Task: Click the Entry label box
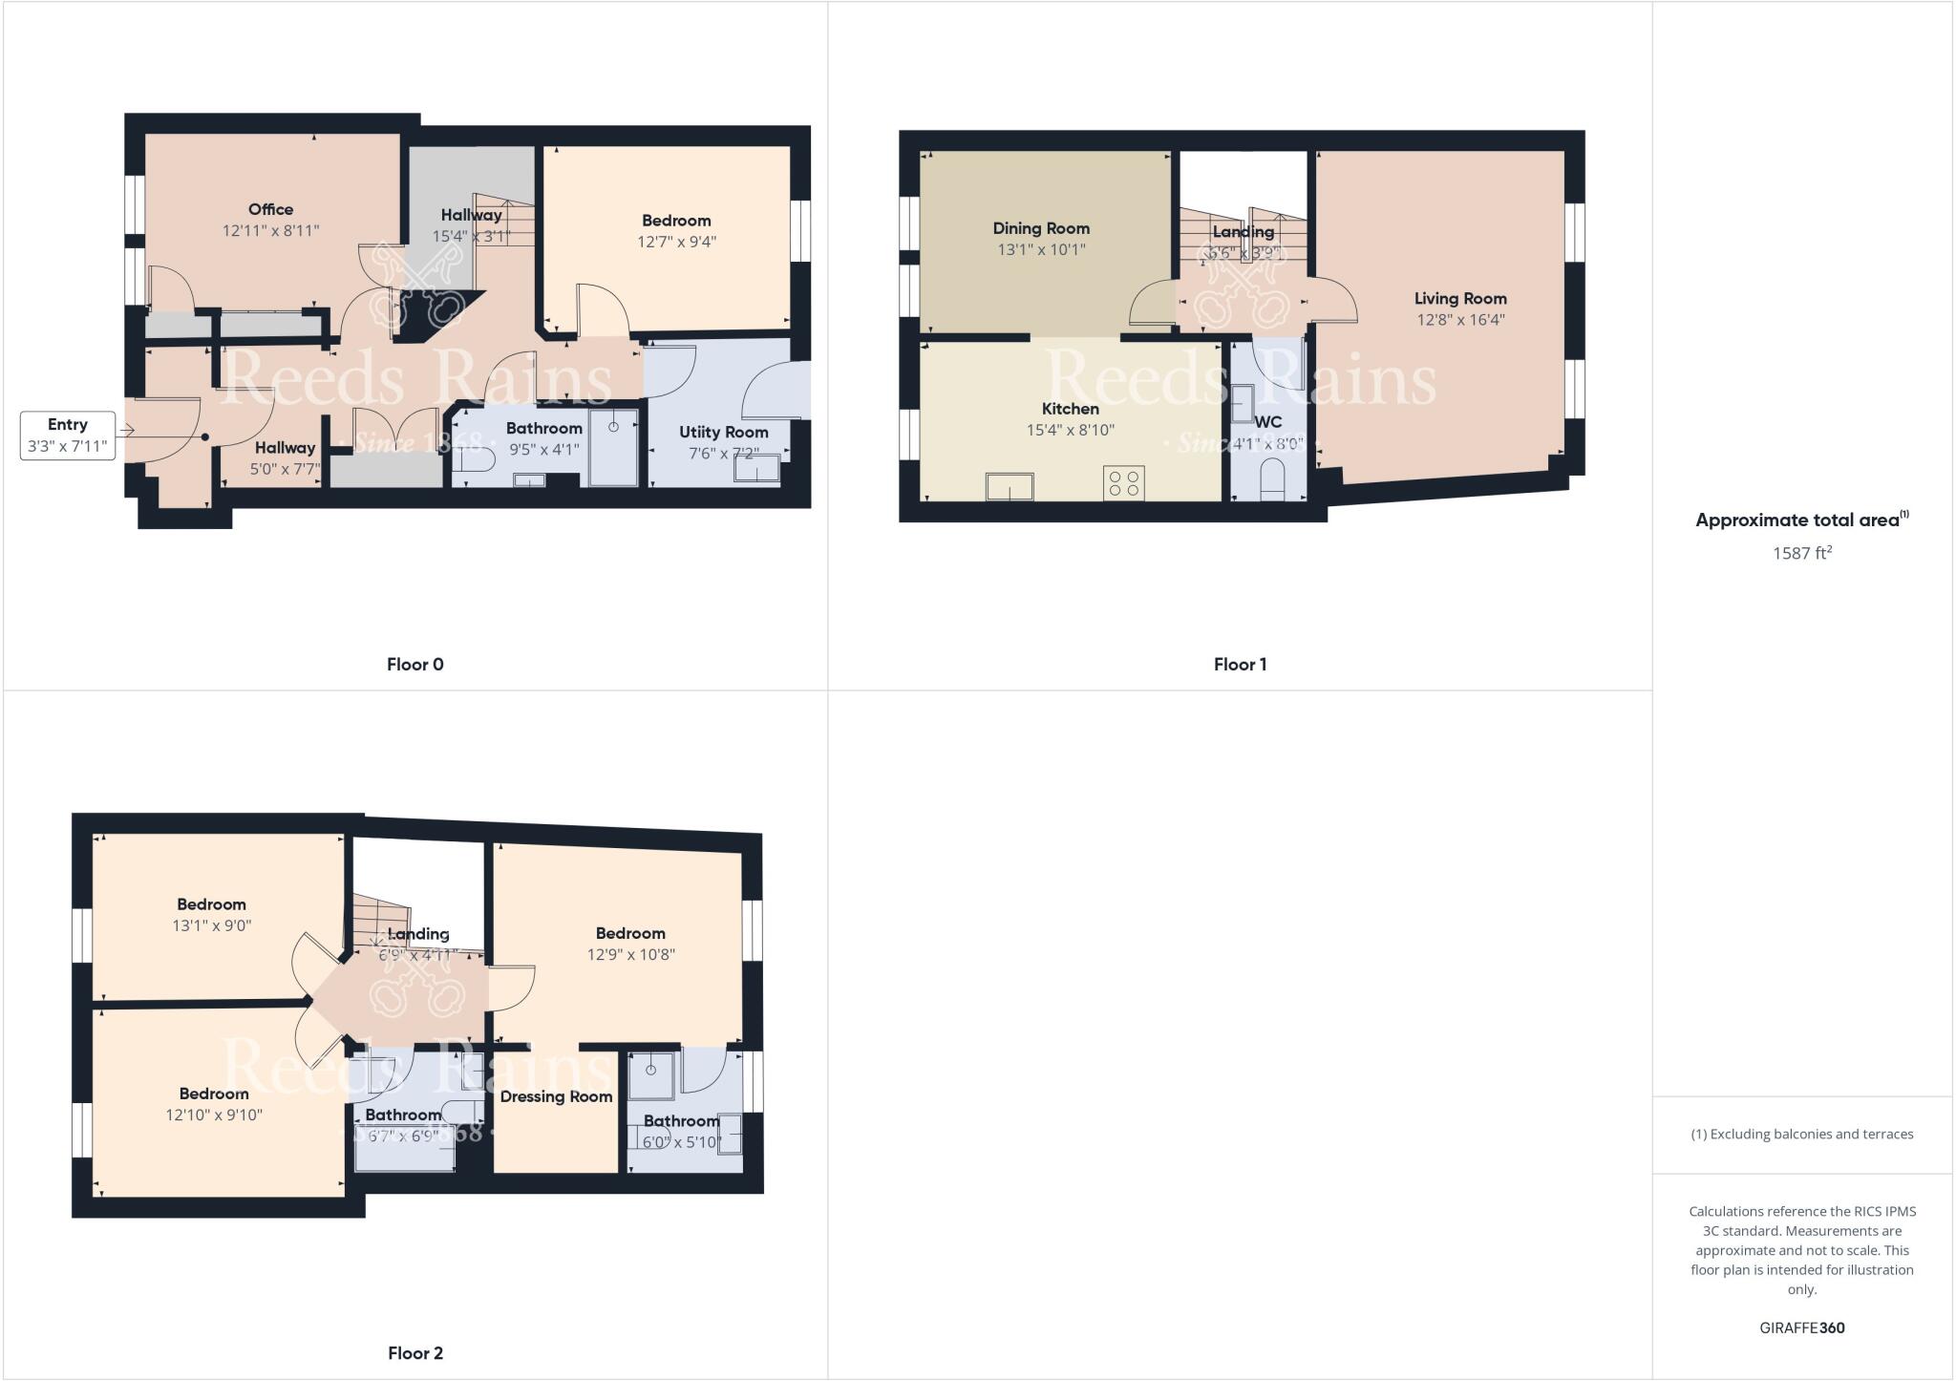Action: pyautogui.click(x=68, y=436)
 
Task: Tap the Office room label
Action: pyautogui.click(x=270, y=210)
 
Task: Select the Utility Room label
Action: pyautogui.click(x=723, y=433)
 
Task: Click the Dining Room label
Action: pyautogui.click(x=1041, y=229)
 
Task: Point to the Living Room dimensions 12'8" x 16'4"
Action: pyautogui.click(x=1460, y=320)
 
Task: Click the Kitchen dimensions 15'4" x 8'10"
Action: pyautogui.click(x=1070, y=430)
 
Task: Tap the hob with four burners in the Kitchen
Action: pyautogui.click(x=1123, y=482)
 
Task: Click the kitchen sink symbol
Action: pyautogui.click(x=1010, y=487)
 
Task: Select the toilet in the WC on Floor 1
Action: pyautogui.click(x=1271, y=478)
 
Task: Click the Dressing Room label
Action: pyautogui.click(x=556, y=1096)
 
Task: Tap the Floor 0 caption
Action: pyautogui.click(x=415, y=665)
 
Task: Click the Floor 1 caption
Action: pyautogui.click(x=1240, y=665)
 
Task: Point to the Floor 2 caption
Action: pyautogui.click(x=415, y=1353)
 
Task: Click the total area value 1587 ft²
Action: pyautogui.click(x=1801, y=553)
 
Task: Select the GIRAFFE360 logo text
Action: pyautogui.click(x=1801, y=1328)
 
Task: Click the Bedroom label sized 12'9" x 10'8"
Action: pyautogui.click(x=630, y=933)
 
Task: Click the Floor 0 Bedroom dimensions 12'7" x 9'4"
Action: pyautogui.click(x=676, y=242)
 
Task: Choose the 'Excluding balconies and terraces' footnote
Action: pyautogui.click(x=1801, y=1135)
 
